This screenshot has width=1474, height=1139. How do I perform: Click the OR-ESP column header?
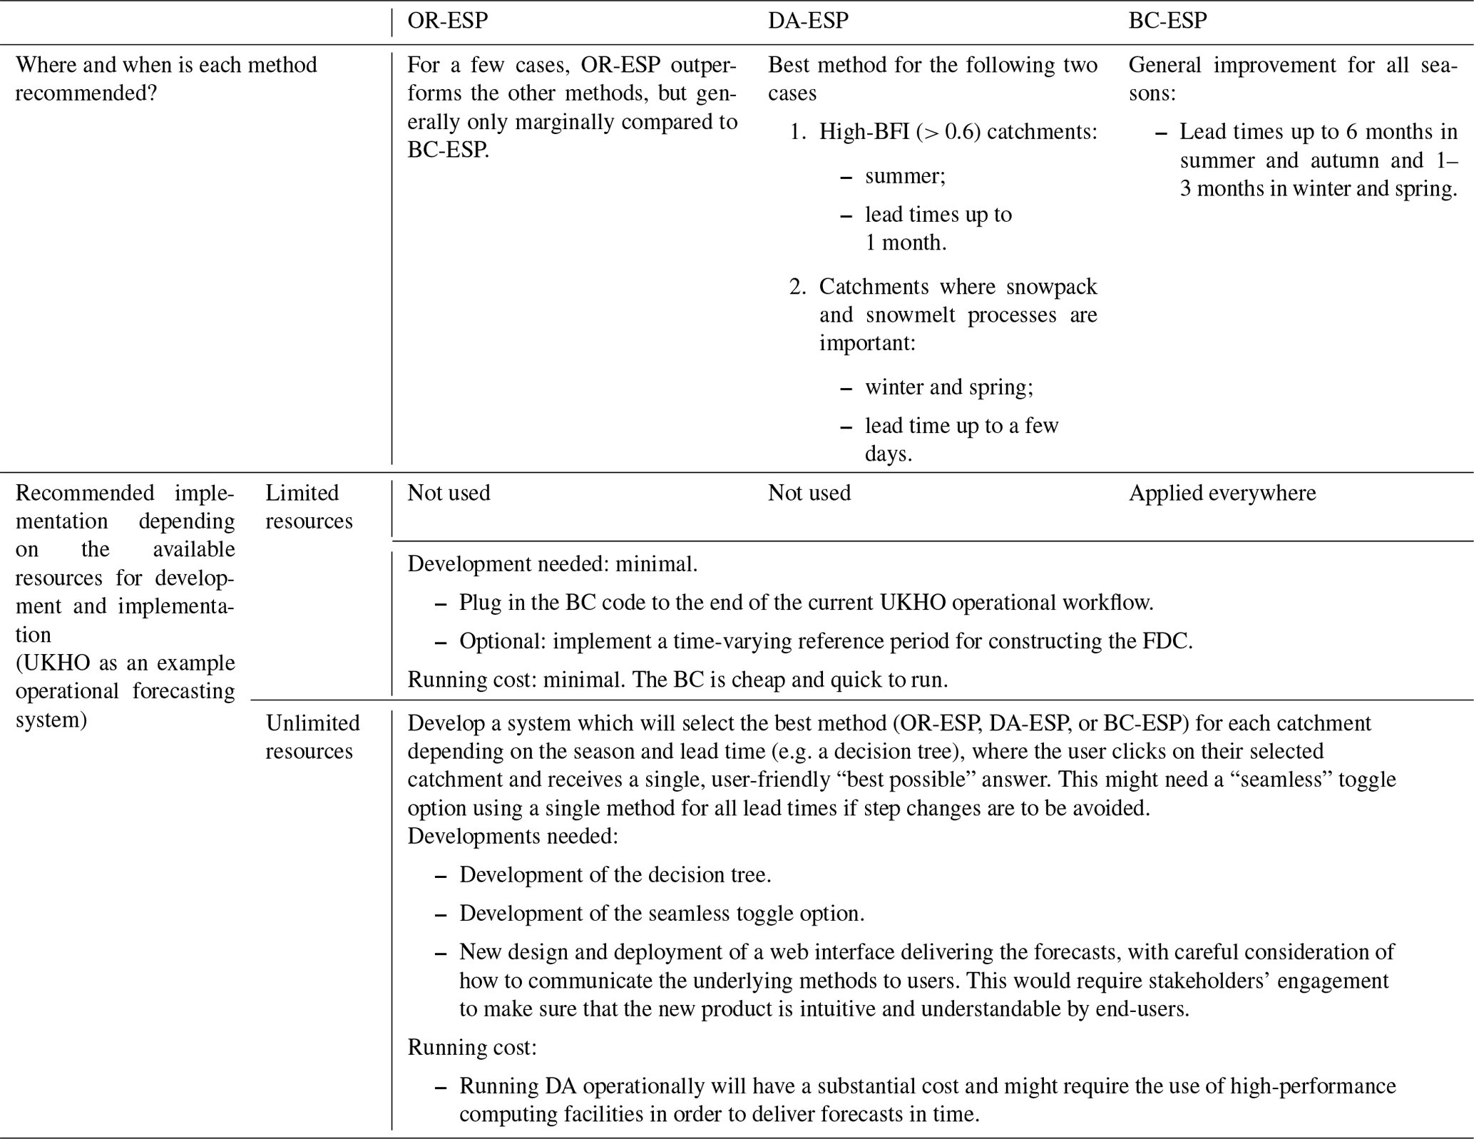pyautogui.click(x=447, y=21)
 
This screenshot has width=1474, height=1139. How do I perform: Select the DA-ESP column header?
pyautogui.click(x=808, y=21)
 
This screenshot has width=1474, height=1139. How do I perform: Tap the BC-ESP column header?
pyautogui.click(x=1167, y=21)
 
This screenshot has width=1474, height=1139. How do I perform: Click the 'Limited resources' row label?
pyautogui.click(x=308, y=506)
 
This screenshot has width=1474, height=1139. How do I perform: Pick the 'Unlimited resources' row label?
pyautogui.click(x=312, y=737)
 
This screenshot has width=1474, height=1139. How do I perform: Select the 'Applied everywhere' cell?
pyautogui.click(x=1222, y=493)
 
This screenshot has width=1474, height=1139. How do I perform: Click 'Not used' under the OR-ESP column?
pyautogui.click(x=449, y=493)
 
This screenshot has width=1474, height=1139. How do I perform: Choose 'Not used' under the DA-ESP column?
pyautogui.click(x=809, y=493)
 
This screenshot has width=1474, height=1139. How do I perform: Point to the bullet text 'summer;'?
pyautogui.click(x=905, y=176)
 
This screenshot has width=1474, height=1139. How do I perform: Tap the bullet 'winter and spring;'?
pyautogui.click(x=948, y=387)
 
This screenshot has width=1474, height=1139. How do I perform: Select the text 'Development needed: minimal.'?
pyautogui.click(x=552, y=564)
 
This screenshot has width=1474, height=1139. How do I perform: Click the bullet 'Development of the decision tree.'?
pyautogui.click(x=615, y=874)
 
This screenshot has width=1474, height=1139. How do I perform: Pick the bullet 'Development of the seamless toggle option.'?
pyautogui.click(x=661, y=913)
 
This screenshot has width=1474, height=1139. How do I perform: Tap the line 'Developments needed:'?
pyautogui.click(x=512, y=836)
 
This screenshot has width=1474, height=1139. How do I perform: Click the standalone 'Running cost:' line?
pyautogui.click(x=471, y=1047)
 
